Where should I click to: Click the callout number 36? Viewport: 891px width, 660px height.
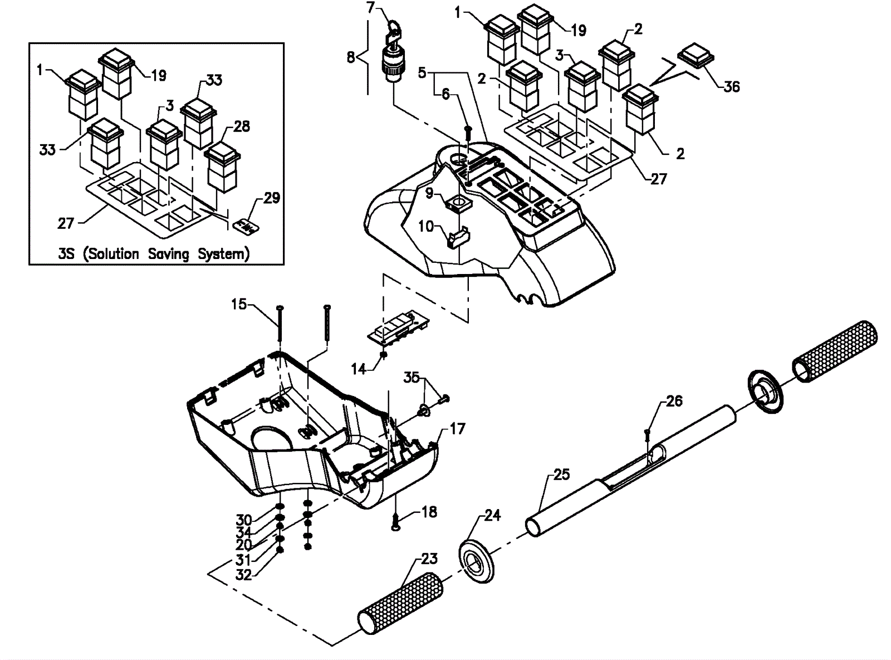(731, 86)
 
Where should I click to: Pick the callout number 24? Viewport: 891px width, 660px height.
(492, 515)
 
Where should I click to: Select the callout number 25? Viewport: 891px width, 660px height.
(561, 475)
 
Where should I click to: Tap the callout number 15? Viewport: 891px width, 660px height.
(238, 304)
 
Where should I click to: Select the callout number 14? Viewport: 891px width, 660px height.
(359, 369)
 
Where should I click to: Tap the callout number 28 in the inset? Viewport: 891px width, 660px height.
(241, 126)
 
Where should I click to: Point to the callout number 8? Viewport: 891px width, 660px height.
(351, 57)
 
